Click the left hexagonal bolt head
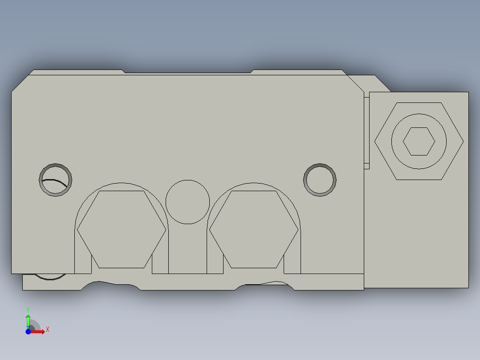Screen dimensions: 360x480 [x=121, y=229]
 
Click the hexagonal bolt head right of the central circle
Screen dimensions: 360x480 [x=253, y=229]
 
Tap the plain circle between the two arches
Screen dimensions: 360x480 [x=187, y=202]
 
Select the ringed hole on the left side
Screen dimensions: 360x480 [x=56, y=180]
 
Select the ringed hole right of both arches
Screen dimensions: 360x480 [x=320, y=180]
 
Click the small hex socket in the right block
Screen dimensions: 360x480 [x=419, y=141]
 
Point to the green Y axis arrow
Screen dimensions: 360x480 [x=28, y=320]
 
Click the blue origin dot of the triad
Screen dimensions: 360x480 [x=28, y=331]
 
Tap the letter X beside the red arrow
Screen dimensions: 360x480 [x=47, y=330]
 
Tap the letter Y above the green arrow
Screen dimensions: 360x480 [x=28, y=309]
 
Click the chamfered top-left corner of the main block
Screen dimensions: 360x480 [x=20, y=84]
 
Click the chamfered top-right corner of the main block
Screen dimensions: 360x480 [x=355, y=84]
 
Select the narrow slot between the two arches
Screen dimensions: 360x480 [x=187, y=250]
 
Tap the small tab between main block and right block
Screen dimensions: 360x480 [x=366, y=131]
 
